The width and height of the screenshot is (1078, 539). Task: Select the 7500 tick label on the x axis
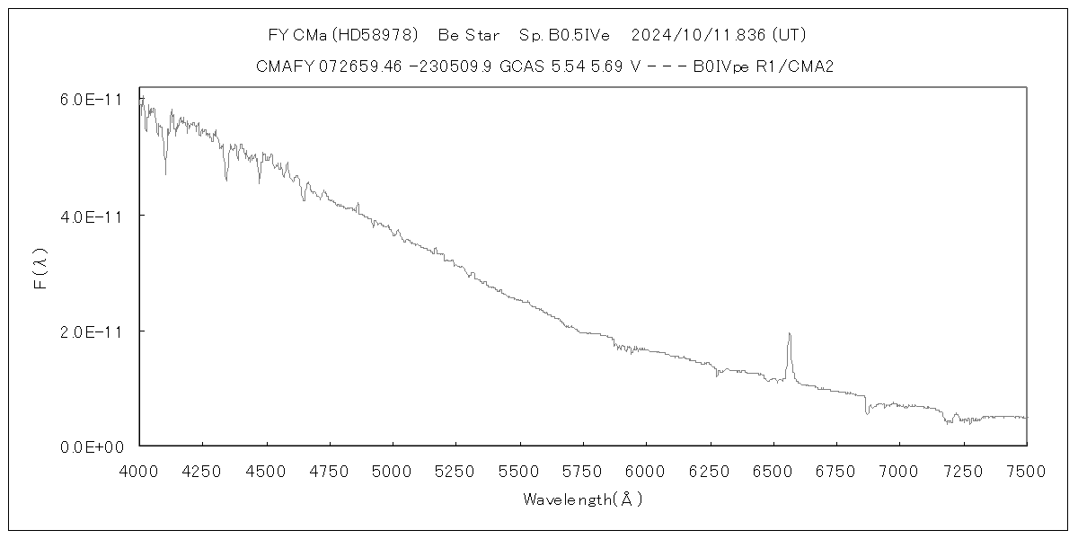click(1026, 470)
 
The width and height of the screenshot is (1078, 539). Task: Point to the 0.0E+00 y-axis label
click(90, 446)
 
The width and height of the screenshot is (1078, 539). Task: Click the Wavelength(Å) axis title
click(582, 499)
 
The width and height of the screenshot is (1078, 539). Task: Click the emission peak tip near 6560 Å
click(789, 334)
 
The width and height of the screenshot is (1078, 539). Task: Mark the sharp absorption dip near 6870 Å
click(867, 413)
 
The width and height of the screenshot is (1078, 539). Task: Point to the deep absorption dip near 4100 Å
click(165, 173)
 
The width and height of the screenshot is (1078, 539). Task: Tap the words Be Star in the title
click(469, 36)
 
